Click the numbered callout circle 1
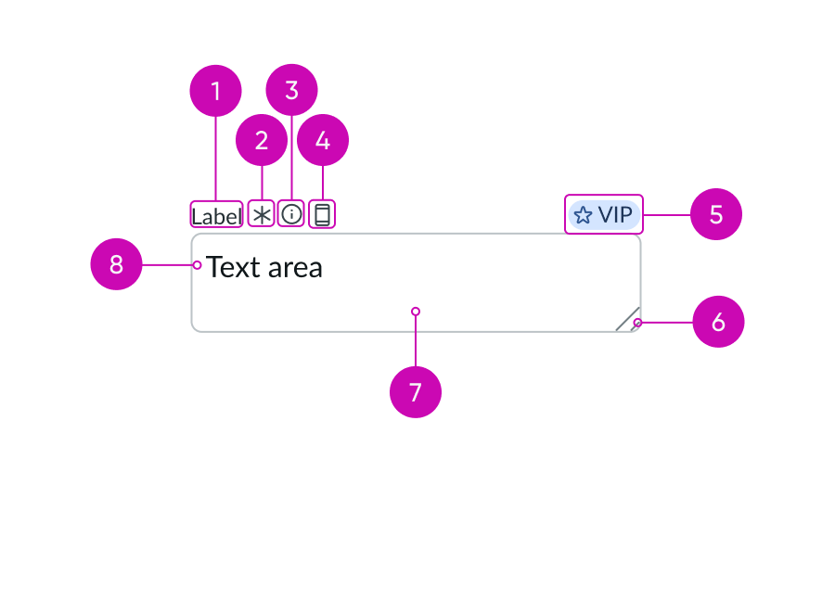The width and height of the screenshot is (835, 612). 215,91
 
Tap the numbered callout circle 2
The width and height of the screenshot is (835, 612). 262,141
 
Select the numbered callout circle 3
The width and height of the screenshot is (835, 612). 291,91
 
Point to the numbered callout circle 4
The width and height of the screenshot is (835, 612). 322,141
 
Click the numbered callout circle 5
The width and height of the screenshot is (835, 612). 715,214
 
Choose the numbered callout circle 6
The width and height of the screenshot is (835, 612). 718,322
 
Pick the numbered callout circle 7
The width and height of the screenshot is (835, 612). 416,391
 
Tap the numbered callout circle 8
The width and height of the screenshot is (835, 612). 116,264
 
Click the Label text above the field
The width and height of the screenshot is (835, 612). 217,215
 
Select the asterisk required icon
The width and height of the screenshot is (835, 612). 262,215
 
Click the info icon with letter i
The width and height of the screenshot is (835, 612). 291,214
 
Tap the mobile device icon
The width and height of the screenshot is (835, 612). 322,215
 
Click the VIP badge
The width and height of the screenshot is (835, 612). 604,215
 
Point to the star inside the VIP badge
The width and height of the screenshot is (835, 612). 583,215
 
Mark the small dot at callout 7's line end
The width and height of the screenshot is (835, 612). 416,312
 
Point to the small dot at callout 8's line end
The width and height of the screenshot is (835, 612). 197,265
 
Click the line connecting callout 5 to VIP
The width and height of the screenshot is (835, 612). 666,215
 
